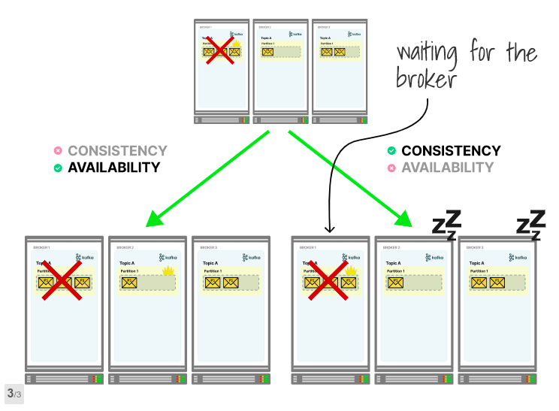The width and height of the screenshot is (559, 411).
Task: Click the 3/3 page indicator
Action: pyautogui.click(x=14, y=393)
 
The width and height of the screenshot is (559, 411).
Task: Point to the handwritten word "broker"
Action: pyautogui.click(x=426, y=77)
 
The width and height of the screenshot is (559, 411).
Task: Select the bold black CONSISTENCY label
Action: pyautogui.click(x=450, y=151)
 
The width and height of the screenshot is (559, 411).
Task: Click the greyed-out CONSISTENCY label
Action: pyautogui.click(x=117, y=151)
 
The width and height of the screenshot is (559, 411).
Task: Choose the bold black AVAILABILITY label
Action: pyautogui.click(x=114, y=168)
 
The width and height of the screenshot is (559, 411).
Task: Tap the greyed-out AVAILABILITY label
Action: pyautogui.click(x=447, y=168)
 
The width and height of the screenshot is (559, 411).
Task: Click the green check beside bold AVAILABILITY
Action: pyautogui.click(x=58, y=168)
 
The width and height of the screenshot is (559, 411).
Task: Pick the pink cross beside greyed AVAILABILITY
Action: pyautogui.click(x=391, y=168)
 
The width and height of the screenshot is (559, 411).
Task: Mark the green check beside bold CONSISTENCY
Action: pyautogui.click(x=391, y=151)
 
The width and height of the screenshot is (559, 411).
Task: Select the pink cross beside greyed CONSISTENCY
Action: pyautogui.click(x=58, y=151)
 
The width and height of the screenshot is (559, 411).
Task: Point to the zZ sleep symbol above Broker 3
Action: pyautogui.click(x=531, y=225)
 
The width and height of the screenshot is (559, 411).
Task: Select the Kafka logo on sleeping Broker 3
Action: pyautogui.click(x=518, y=257)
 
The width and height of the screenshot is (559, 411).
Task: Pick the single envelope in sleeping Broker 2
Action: pyautogui.click(x=397, y=283)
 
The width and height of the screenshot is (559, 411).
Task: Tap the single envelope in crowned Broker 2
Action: pyautogui.click(x=130, y=283)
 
